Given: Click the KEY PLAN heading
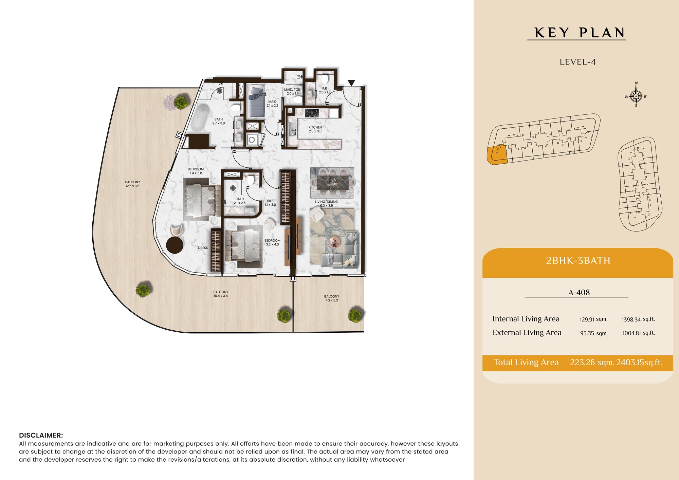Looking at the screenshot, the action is (579, 33).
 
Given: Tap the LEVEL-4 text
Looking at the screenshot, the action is (577, 62).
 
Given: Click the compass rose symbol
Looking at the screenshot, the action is (636, 96).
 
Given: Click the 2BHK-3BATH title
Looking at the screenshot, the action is (578, 260).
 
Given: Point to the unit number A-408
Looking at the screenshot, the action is (579, 292).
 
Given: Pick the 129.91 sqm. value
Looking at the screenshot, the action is (593, 319).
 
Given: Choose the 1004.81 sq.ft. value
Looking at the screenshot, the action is (639, 333).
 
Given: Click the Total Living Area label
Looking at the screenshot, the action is (526, 362).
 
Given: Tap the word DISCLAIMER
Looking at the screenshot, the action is (41, 435).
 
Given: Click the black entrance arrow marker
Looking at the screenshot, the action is (351, 83).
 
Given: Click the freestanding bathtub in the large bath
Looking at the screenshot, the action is (200, 117).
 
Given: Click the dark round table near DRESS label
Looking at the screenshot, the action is (175, 244).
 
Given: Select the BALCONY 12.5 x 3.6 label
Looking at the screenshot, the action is (132, 184).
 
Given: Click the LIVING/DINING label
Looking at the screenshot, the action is (326, 203).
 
